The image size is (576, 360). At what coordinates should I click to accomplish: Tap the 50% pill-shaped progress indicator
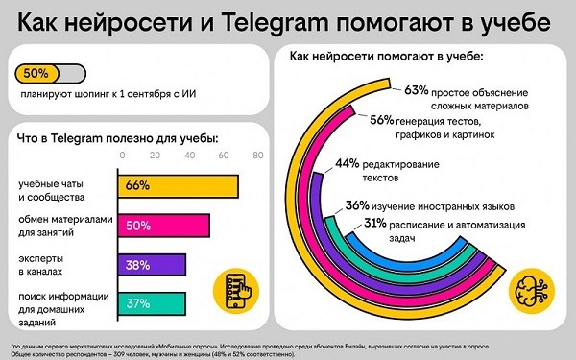(50, 73)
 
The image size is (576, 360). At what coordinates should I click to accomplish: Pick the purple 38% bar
(151, 264)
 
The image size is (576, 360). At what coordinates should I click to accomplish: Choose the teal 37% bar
(150, 303)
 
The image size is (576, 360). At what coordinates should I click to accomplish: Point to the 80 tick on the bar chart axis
(256, 155)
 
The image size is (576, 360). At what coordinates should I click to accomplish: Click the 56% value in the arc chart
(381, 120)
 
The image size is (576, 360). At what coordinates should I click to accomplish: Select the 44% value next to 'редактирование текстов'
(348, 164)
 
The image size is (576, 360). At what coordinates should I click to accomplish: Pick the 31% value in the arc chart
(375, 223)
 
